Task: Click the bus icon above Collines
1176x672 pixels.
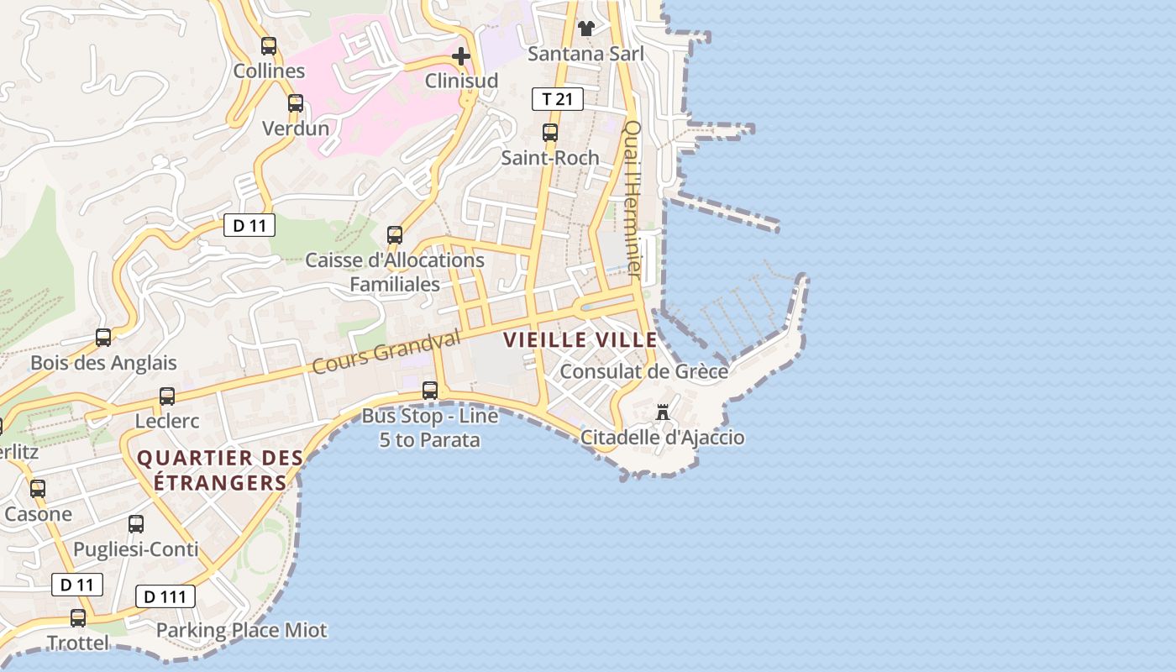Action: point(269,46)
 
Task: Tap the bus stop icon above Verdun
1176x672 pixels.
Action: point(296,103)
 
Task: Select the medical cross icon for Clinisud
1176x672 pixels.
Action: point(461,56)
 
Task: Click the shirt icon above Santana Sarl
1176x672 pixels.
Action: point(585,29)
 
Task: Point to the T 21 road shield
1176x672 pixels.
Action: point(558,99)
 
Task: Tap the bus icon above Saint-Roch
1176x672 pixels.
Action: point(550,133)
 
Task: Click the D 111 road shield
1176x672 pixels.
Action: point(165,597)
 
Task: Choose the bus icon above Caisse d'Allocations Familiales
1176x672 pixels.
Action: point(395,235)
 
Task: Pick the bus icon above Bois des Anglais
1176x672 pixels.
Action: point(103,338)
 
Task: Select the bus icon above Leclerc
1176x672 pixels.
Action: point(167,396)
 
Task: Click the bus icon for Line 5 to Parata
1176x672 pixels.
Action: point(430,390)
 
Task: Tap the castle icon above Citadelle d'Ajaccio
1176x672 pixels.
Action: point(663,412)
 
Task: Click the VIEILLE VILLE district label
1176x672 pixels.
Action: point(580,340)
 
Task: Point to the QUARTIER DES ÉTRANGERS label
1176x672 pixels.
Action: point(220,470)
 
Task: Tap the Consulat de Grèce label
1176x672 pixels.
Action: point(643,371)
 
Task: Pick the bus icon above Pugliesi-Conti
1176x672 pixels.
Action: point(136,524)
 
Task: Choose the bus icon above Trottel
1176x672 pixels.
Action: point(78,618)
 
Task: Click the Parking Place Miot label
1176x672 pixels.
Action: point(242,630)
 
